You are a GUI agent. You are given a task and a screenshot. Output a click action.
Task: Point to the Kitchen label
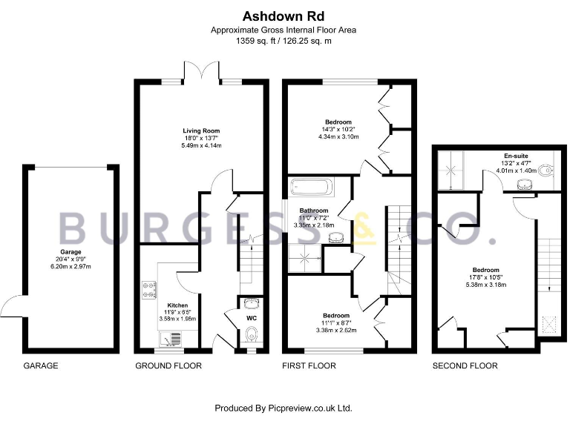click(177, 305)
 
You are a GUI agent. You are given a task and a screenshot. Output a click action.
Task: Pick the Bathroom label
click(314, 211)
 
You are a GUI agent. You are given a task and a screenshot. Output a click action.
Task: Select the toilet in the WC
click(251, 334)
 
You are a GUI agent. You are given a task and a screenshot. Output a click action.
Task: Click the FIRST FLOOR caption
click(309, 366)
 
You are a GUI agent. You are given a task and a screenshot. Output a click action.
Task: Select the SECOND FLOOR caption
click(465, 366)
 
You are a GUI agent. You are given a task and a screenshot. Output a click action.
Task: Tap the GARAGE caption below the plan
click(41, 366)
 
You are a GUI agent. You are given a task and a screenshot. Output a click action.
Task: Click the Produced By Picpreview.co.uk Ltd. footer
click(283, 408)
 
